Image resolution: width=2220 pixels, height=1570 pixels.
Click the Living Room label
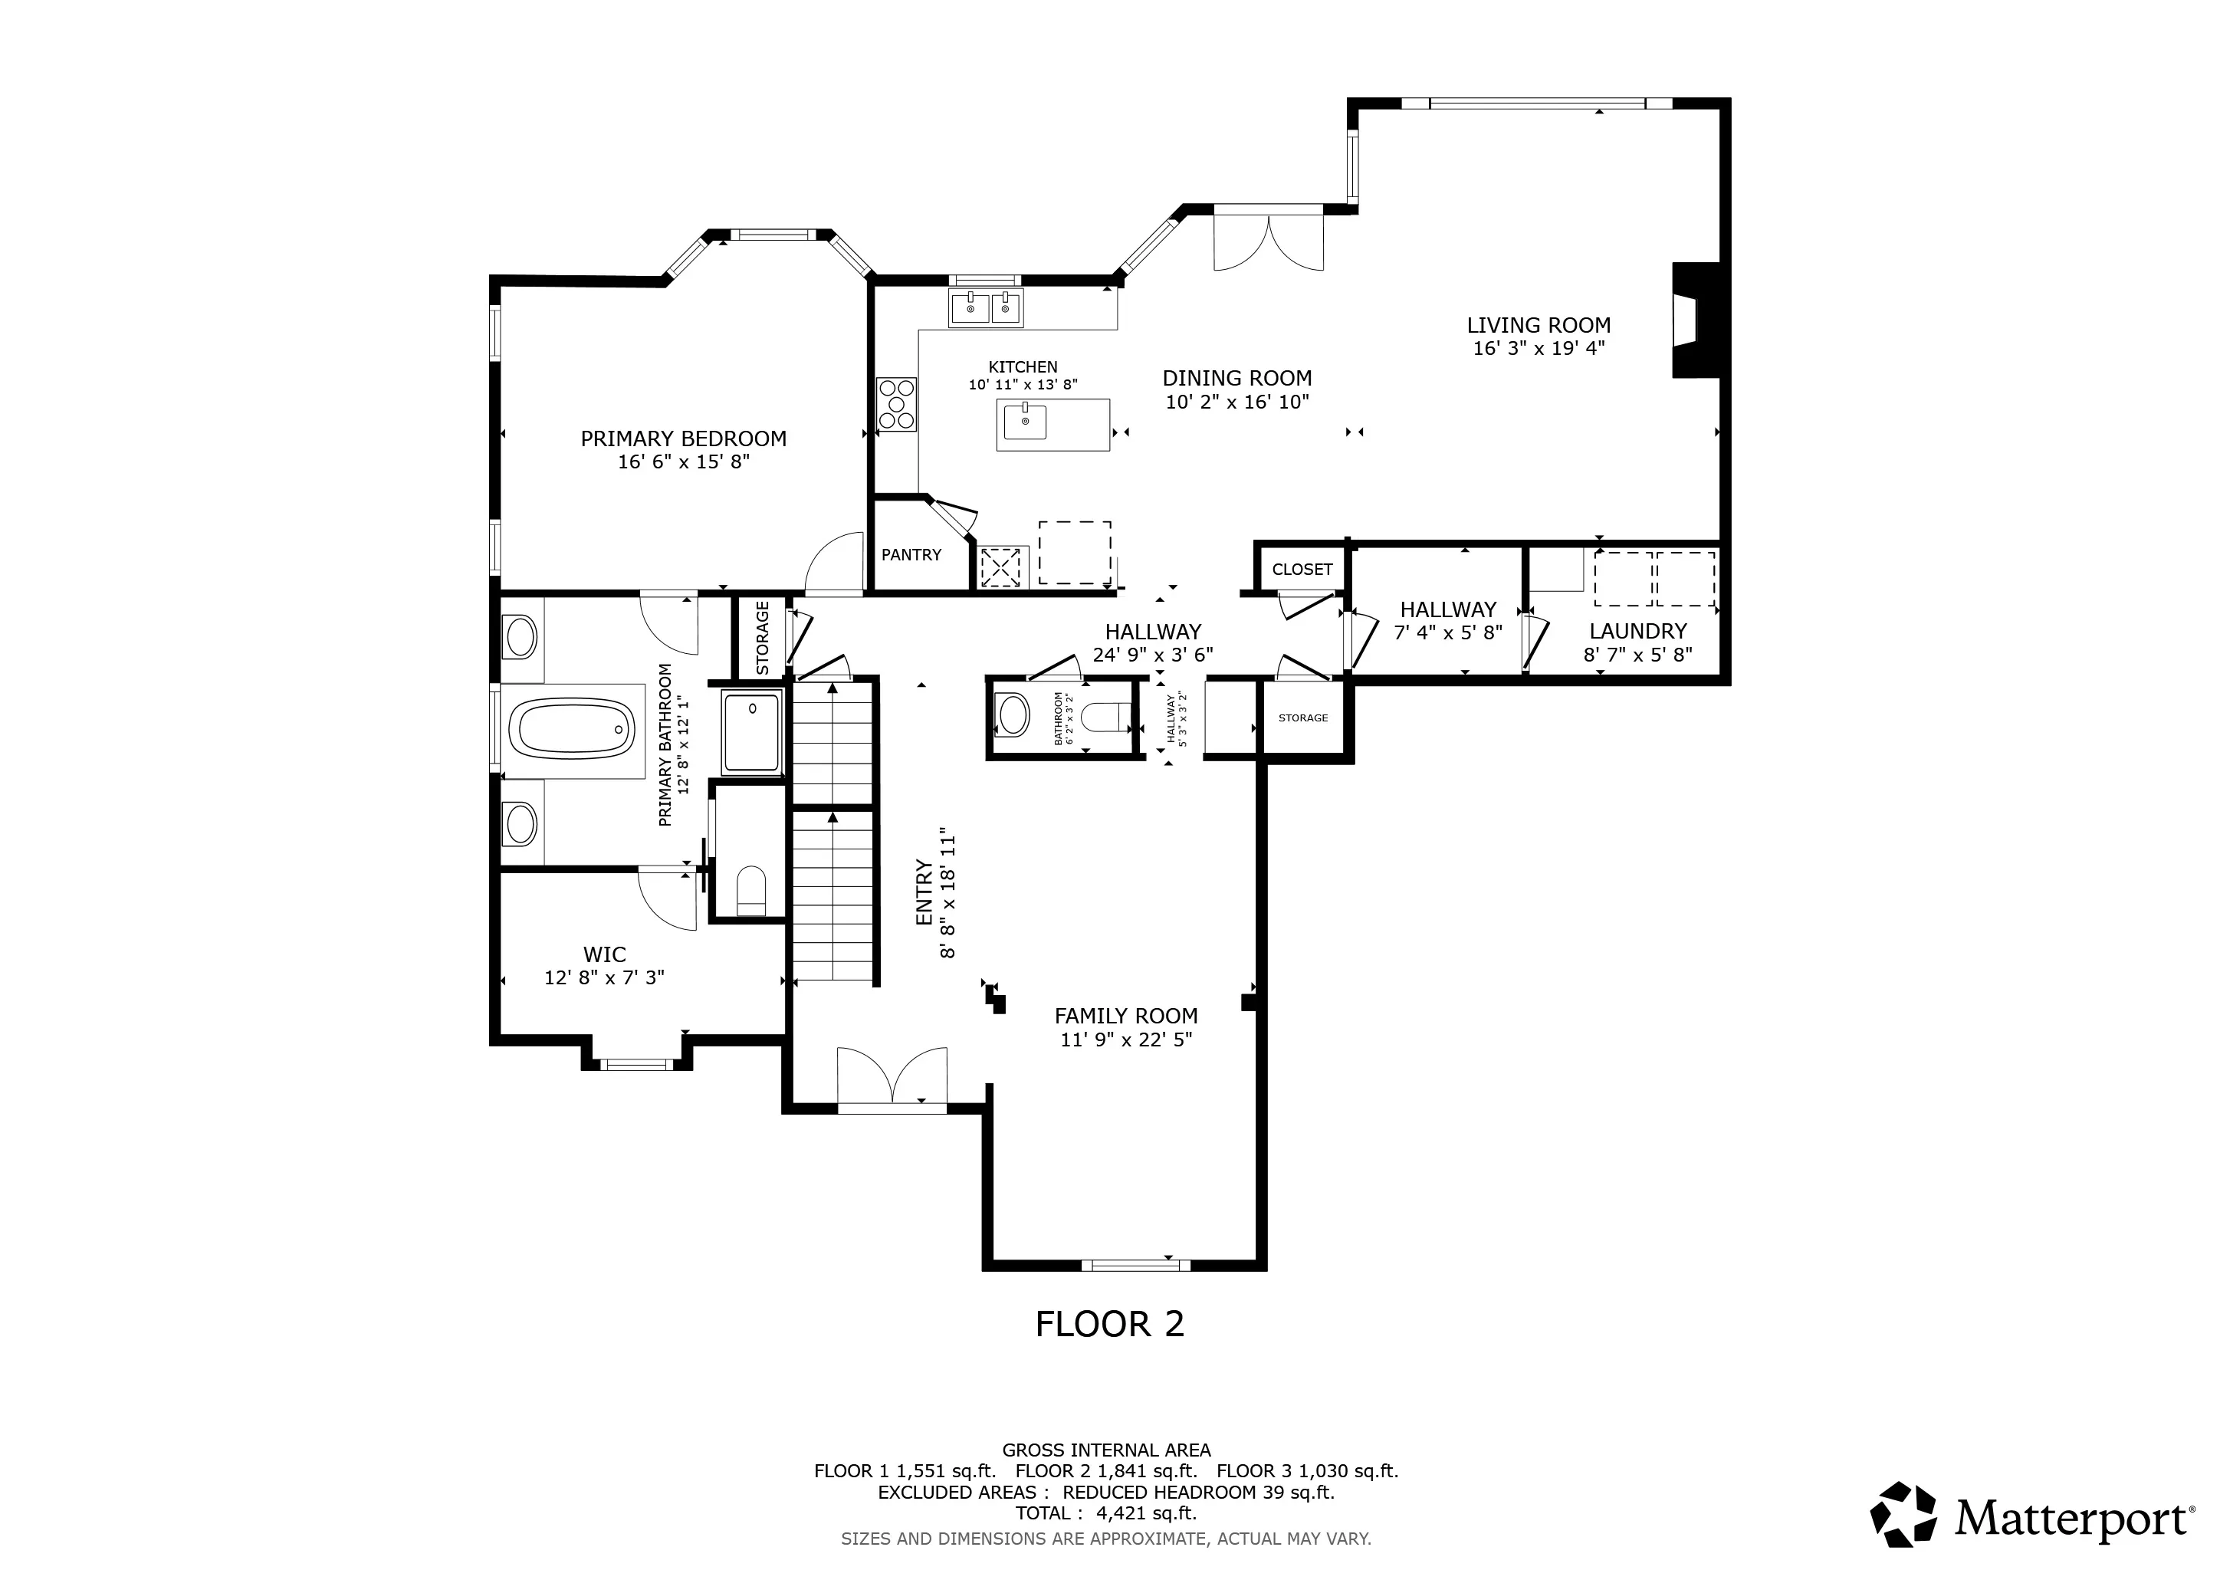point(1539,326)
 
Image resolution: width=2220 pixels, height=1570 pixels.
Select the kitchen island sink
point(1026,421)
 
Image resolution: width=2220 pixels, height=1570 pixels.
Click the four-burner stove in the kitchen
point(896,404)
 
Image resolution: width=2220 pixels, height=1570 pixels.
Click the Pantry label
point(911,555)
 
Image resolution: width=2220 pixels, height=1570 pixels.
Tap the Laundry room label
point(1638,631)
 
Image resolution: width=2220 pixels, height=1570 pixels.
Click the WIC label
point(604,955)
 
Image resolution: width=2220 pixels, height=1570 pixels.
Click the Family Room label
point(1125,1016)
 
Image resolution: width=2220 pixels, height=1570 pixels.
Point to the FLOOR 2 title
point(1110,1323)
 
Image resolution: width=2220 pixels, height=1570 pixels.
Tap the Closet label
point(1302,570)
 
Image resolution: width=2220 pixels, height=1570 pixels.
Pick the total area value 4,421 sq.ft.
point(1147,1513)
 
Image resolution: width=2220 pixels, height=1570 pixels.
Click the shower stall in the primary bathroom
point(751,734)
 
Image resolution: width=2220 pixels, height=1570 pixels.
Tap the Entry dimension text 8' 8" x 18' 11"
point(947,892)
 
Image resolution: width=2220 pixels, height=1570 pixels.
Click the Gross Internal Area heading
point(1106,1450)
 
